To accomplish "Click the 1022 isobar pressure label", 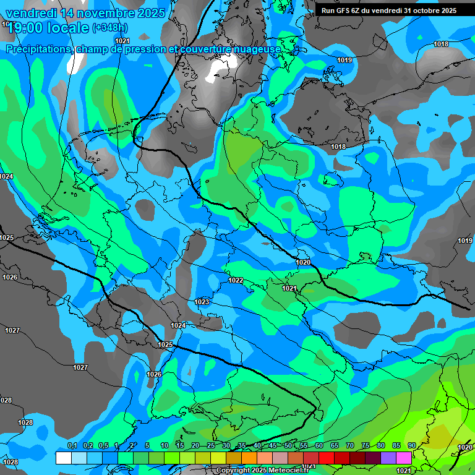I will coord(236,280).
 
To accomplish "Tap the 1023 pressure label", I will coord(202,302).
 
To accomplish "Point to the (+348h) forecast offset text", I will coord(110,27).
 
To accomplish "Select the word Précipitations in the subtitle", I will coord(39,49).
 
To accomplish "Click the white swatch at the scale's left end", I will coord(63,458).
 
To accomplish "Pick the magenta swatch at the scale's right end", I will coord(404,458).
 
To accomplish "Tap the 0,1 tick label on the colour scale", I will coord(72,446).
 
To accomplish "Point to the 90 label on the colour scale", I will coord(411,446).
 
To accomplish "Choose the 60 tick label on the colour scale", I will coord(319,446).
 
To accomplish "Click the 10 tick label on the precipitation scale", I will coord(165,446).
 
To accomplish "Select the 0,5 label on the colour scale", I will coord(103,446).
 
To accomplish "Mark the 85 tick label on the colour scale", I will coord(396,446).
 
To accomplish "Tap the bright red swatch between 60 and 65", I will coord(327,458).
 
